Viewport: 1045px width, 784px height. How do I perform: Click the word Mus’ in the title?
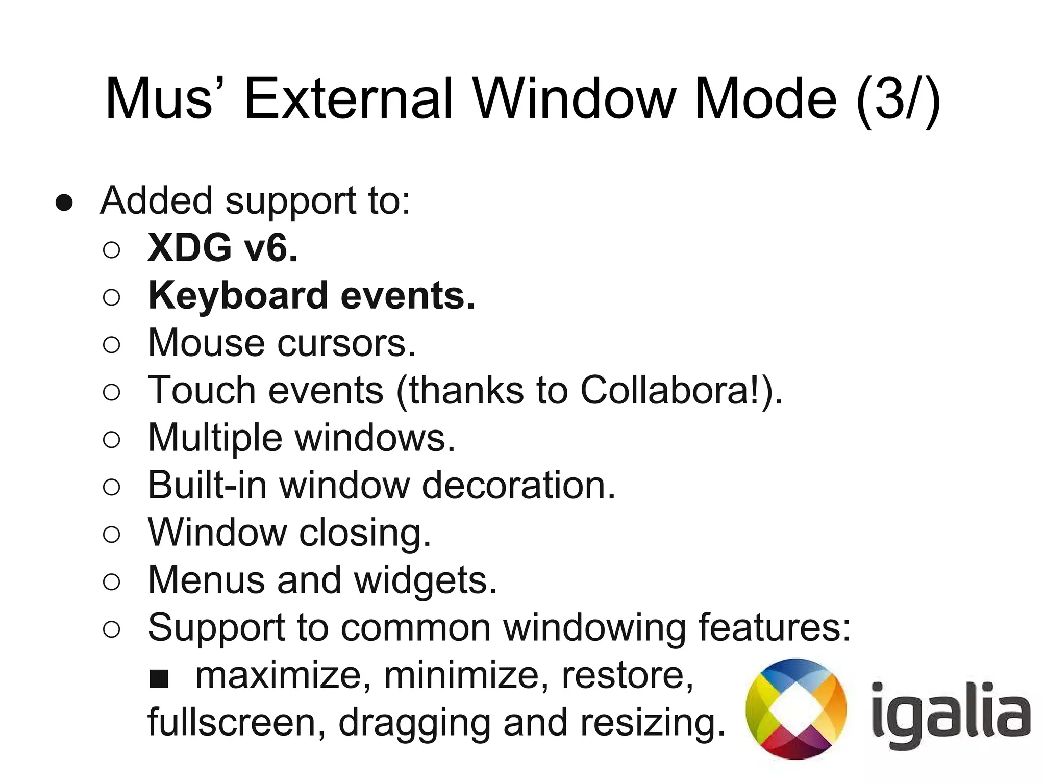(158, 98)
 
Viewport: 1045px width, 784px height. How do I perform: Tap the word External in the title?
(349, 98)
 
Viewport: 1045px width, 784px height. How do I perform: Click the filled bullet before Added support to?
(65, 203)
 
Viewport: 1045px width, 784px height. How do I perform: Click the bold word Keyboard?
(238, 296)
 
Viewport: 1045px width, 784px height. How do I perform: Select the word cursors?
(346, 343)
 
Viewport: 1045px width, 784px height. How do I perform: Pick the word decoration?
(518, 485)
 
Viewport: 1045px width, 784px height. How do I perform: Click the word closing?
(365, 533)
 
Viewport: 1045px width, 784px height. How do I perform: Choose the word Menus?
(206, 580)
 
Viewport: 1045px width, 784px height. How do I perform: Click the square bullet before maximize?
(159, 679)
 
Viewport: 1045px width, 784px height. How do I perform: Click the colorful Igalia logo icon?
(795, 709)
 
